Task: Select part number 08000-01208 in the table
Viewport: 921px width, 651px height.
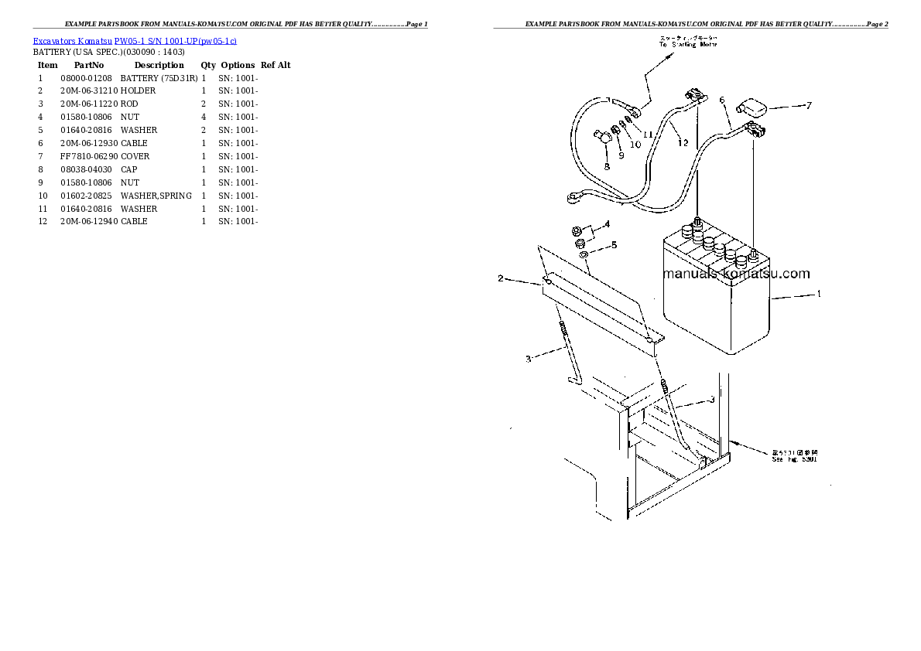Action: [x=86, y=78]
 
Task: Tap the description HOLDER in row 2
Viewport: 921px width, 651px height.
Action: [x=138, y=90]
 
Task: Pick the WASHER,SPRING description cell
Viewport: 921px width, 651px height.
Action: [x=156, y=196]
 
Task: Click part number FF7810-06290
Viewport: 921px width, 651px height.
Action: [x=88, y=156]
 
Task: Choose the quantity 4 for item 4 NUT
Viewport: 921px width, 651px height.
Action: [x=204, y=117]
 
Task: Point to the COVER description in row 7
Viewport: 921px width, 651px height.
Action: [x=135, y=156]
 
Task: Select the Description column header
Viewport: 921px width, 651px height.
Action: [x=159, y=65]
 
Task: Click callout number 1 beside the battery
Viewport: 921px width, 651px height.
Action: [x=819, y=294]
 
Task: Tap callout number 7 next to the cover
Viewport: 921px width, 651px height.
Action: [x=808, y=106]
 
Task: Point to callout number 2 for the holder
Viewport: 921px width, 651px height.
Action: [x=500, y=278]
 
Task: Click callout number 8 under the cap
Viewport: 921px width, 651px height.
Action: [x=607, y=165]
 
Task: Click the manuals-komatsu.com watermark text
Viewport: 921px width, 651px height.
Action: [x=737, y=274]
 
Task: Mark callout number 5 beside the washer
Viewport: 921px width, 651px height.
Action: [x=614, y=245]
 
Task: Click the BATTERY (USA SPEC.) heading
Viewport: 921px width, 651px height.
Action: [x=108, y=52]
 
